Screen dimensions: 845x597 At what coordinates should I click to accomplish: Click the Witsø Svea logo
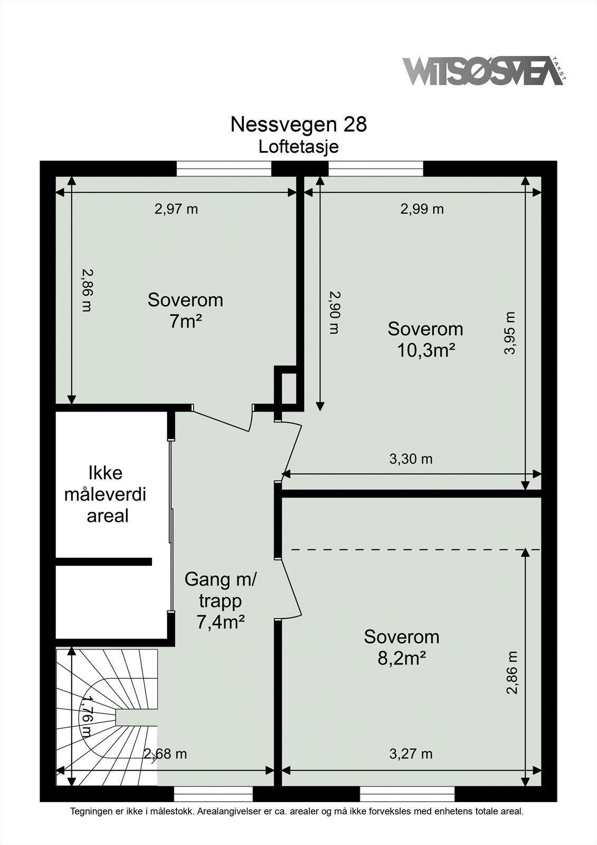[x=483, y=71]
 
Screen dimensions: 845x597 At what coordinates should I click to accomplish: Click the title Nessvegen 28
[x=298, y=125]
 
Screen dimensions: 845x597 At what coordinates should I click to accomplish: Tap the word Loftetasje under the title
[x=298, y=147]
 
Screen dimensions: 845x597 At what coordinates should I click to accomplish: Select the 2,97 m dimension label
[x=176, y=209]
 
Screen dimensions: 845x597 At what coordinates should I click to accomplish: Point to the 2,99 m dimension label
[x=422, y=209]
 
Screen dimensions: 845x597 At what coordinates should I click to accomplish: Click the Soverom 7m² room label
[x=185, y=310]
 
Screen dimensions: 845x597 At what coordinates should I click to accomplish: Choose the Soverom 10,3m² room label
[x=425, y=339]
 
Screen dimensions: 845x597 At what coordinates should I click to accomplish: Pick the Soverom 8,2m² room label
[x=402, y=647]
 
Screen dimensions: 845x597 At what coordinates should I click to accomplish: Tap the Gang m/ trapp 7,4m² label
[x=220, y=600]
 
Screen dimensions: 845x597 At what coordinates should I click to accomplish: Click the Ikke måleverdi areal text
[x=105, y=494]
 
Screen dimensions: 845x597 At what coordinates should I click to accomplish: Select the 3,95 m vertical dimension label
[x=509, y=333]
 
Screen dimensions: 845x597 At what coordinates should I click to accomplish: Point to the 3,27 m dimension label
[x=411, y=754]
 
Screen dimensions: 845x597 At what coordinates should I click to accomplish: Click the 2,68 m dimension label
[x=166, y=754]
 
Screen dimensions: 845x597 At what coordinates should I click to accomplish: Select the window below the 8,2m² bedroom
[x=407, y=794]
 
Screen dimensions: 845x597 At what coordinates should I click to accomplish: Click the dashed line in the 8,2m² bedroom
[x=412, y=550]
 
